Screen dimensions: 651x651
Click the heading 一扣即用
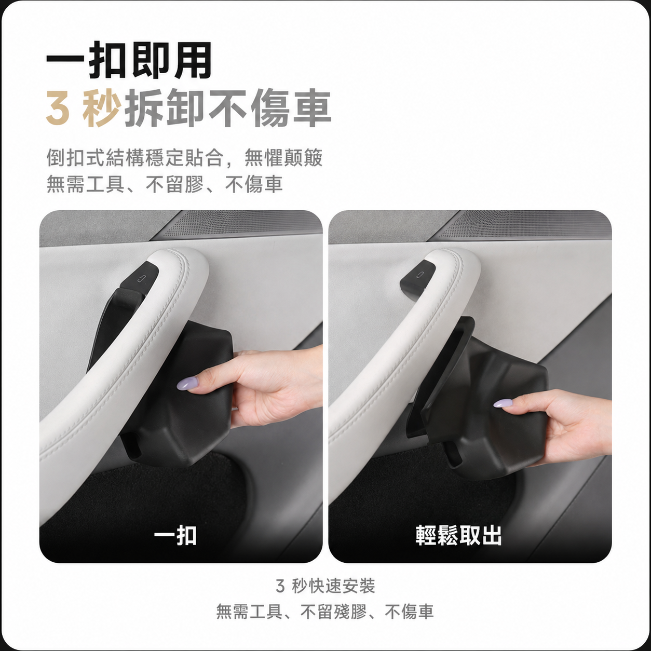pos(129,61)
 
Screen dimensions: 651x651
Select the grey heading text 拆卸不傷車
pos(228,108)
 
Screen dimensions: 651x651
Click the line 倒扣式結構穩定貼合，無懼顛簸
pos(184,158)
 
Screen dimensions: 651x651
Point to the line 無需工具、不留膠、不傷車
pos(165,184)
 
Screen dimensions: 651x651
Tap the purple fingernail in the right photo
pos(503,403)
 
